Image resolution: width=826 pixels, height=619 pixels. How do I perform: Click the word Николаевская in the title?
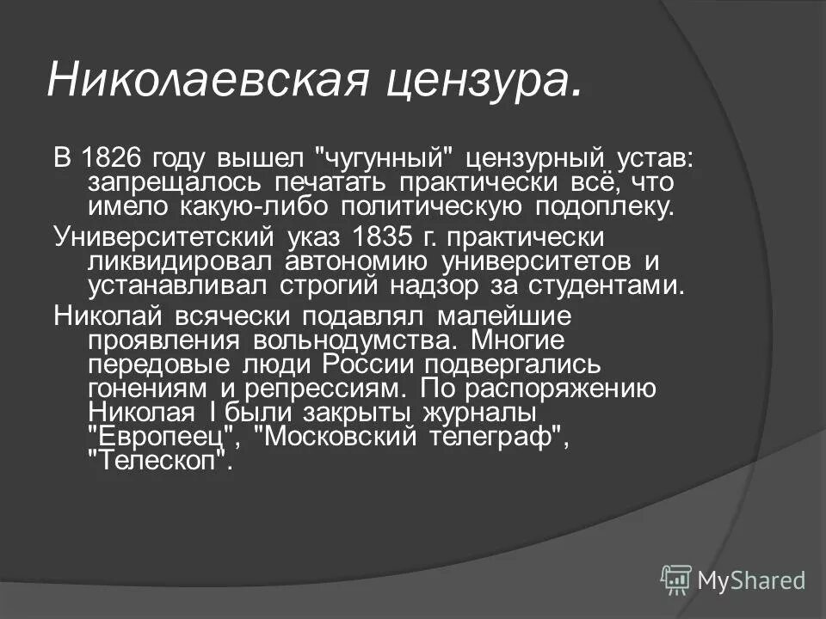click(209, 80)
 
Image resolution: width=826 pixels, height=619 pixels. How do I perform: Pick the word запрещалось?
click(172, 184)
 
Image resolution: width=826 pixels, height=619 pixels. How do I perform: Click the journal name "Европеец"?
click(163, 436)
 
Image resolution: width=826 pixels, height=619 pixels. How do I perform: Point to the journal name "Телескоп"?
click(161, 460)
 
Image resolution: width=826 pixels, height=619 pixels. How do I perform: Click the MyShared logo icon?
click(676, 580)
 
